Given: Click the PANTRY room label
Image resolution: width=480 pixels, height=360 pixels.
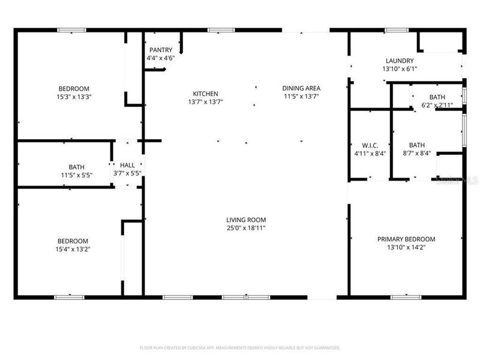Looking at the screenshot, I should point(160,50).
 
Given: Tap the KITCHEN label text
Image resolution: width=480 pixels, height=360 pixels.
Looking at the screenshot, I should point(205,94).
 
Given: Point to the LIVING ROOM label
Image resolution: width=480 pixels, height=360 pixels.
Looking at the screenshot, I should point(246,220).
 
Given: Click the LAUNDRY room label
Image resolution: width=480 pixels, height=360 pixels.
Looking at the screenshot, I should point(400,61).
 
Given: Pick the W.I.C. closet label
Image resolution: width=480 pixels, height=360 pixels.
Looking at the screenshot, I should point(370,145).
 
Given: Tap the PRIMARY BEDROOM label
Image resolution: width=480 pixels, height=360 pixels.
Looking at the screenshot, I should point(406,239).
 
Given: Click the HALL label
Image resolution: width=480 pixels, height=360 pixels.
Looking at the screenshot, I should point(128,165).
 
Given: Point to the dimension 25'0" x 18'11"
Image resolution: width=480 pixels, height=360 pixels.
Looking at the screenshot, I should point(246,228).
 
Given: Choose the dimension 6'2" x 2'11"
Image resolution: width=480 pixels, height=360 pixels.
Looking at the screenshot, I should point(437,105).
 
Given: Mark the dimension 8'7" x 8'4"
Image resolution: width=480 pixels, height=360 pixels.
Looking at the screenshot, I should point(416,153).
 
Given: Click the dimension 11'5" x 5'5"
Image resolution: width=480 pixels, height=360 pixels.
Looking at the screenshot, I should point(76,175).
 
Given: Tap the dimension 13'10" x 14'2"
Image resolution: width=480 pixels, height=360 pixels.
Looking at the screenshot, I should point(406,247).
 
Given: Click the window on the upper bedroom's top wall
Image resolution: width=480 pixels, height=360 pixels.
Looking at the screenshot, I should point(71,29).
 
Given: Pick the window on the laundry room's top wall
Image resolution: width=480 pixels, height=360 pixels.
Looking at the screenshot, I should point(396,29).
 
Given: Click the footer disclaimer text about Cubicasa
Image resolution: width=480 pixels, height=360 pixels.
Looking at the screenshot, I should point(240,347).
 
